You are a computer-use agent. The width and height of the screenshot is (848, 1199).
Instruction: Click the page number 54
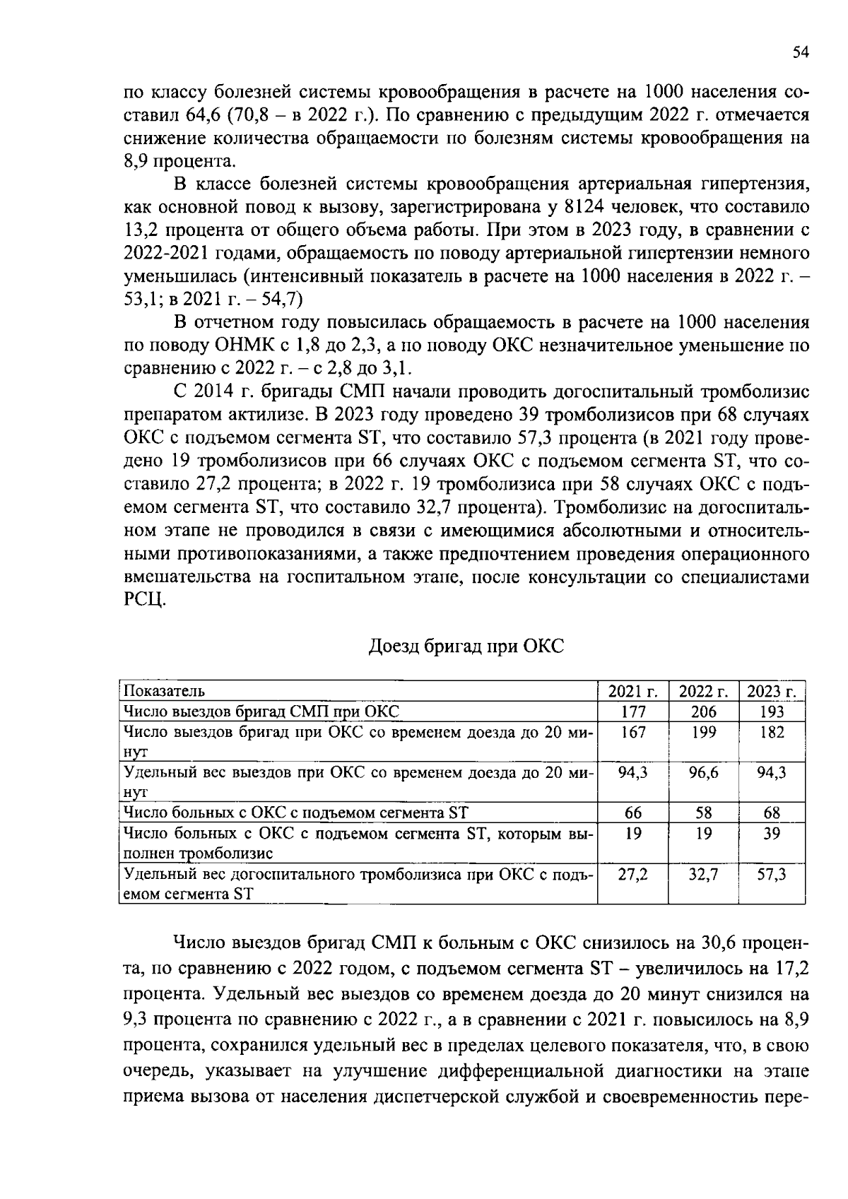click(x=799, y=52)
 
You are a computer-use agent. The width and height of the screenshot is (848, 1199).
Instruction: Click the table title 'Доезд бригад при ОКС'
click(x=466, y=646)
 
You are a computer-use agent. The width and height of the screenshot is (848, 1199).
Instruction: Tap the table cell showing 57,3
click(x=772, y=875)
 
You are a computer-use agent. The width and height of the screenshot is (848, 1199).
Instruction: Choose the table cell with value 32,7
click(x=703, y=875)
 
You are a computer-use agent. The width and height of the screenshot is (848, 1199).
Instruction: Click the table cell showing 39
click(x=772, y=834)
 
